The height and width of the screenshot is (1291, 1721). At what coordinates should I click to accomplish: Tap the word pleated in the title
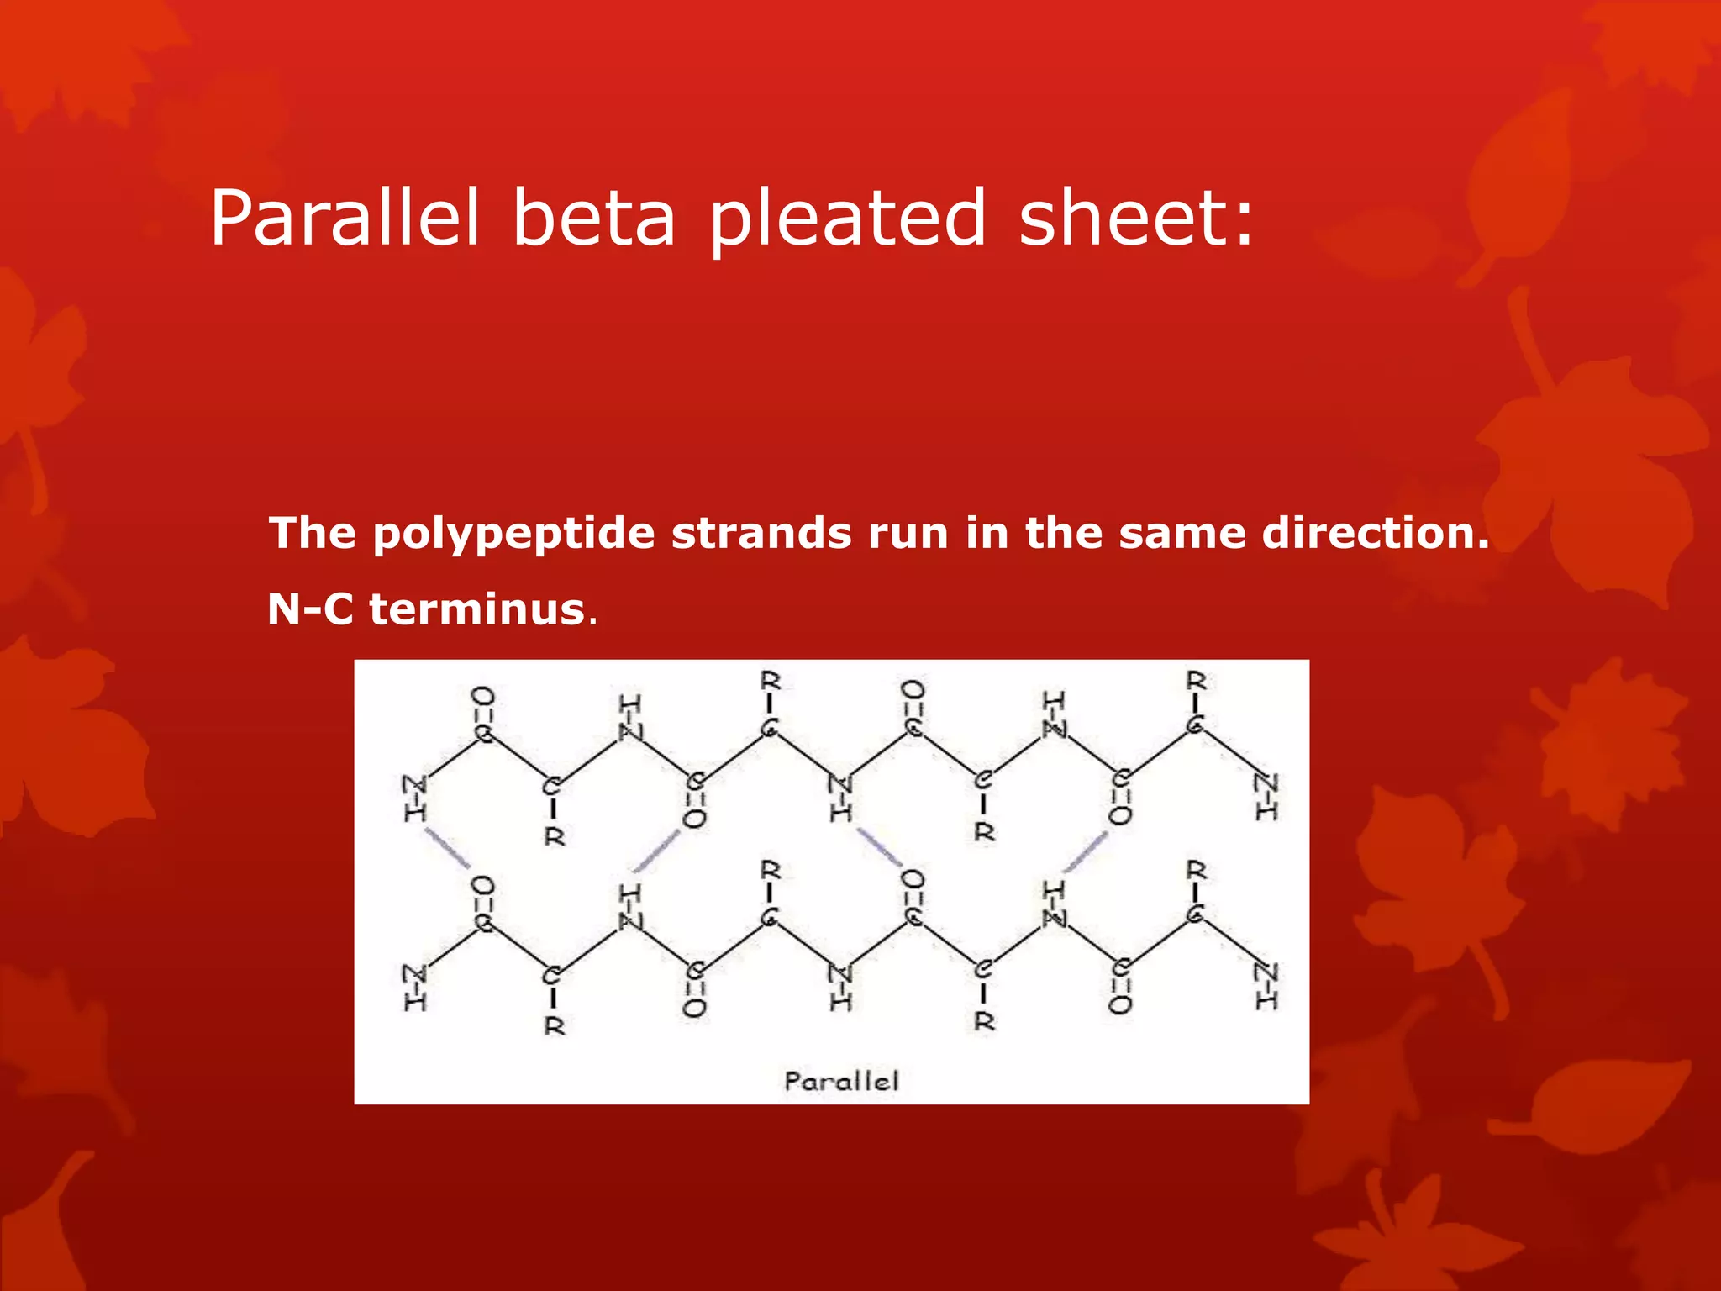pyautogui.click(x=847, y=220)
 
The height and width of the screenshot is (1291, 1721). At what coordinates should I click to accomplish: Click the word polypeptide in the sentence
pyautogui.click(x=513, y=535)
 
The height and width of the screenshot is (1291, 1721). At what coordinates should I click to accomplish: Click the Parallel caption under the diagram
pyautogui.click(x=841, y=1081)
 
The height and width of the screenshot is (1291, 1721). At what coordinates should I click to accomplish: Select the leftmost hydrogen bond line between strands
pyautogui.click(x=447, y=849)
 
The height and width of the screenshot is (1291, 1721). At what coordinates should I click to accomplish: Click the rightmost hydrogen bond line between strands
pyautogui.click(x=1086, y=852)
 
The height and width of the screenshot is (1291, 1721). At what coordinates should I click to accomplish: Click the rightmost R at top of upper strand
pyautogui.click(x=1196, y=680)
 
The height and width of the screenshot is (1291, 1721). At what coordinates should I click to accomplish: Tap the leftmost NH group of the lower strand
pyautogui.click(x=415, y=988)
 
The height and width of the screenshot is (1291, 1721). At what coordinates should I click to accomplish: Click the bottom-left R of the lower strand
pyautogui.click(x=555, y=1026)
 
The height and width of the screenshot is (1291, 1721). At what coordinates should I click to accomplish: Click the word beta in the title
pyautogui.click(x=593, y=218)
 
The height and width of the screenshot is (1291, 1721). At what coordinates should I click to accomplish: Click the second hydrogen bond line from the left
pyautogui.click(x=655, y=851)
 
